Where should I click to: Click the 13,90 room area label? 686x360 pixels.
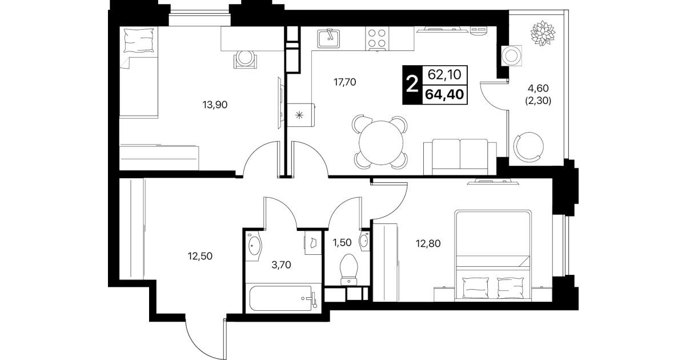click(215, 105)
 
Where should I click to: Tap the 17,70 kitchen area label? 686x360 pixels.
click(345, 82)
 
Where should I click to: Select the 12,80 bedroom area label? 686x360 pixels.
click(428, 243)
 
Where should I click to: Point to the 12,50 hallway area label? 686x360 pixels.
click(200, 256)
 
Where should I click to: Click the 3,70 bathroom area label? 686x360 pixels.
click(281, 265)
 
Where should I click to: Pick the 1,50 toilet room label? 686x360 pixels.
click(342, 243)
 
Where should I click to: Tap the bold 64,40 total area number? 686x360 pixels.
click(444, 94)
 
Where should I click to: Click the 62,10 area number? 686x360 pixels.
click(444, 74)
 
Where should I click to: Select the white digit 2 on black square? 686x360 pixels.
click(412, 85)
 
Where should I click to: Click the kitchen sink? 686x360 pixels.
click(328, 39)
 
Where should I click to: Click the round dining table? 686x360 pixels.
click(381, 143)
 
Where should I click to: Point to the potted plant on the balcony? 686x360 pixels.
click(543, 33)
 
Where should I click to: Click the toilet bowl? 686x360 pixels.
click(349, 270)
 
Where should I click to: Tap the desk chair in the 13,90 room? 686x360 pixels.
click(245, 59)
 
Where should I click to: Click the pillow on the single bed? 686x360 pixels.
click(139, 41)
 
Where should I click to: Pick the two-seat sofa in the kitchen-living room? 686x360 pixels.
click(460, 157)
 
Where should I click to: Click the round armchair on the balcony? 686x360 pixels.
click(528, 147)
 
